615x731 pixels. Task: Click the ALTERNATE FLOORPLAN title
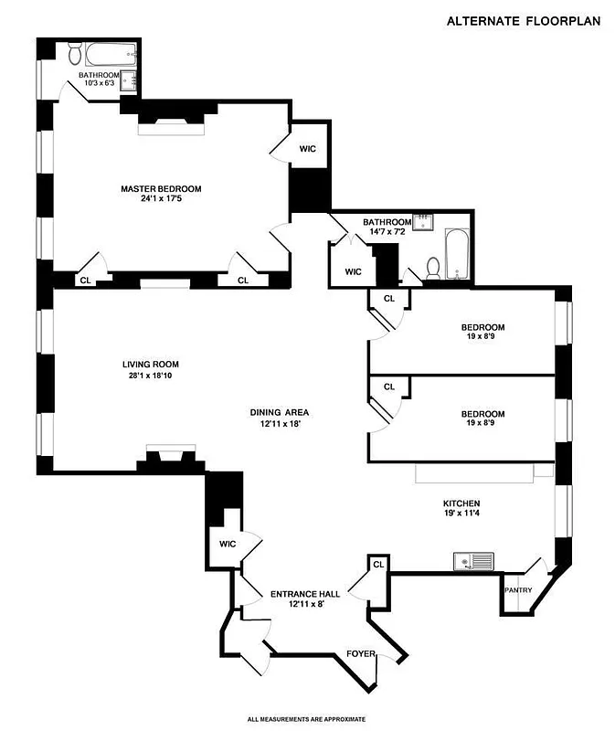tap(524, 21)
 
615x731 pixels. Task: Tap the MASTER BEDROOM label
tap(161, 189)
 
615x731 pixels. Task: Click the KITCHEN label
tap(461, 503)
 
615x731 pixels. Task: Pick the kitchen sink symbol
tap(473, 560)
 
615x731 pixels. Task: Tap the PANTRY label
tap(518, 590)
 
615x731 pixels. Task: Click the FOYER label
tap(359, 653)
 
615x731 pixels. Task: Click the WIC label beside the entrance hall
tap(228, 544)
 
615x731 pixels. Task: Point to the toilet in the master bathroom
tap(75, 56)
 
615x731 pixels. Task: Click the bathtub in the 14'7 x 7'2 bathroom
tap(457, 255)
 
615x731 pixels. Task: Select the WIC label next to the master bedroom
tap(308, 149)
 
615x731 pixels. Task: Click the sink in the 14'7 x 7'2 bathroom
tap(424, 222)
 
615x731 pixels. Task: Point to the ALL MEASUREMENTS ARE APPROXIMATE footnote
tap(306, 719)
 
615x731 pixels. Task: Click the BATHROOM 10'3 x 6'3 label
tap(100, 79)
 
